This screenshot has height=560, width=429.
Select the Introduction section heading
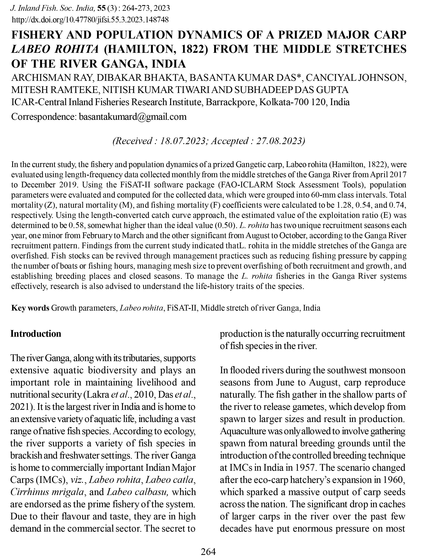coord(36,334)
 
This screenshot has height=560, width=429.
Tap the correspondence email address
coord(133,117)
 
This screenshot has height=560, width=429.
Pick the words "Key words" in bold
coord(30,308)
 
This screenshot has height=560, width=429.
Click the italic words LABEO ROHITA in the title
coord(55,49)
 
